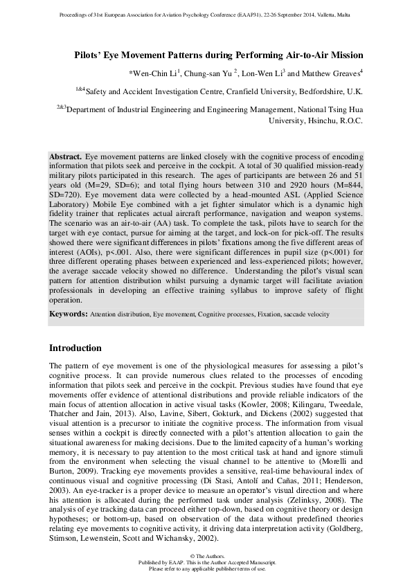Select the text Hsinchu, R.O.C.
[x=335, y=120]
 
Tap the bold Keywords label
[x=68, y=314]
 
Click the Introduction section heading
[x=75, y=348]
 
